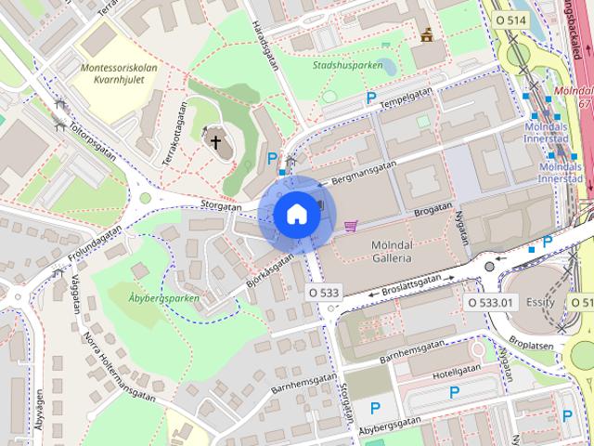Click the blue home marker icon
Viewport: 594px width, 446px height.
[296, 214]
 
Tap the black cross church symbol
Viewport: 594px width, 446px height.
[216, 142]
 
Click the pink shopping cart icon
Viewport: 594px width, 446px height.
[351, 226]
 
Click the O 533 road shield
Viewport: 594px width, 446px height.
[324, 293]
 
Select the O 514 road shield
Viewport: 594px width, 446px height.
[510, 19]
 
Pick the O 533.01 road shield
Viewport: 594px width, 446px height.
[489, 302]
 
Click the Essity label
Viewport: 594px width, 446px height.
[539, 302]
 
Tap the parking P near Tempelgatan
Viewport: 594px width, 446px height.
[371, 98]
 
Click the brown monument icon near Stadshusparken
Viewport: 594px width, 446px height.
[427, 35]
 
